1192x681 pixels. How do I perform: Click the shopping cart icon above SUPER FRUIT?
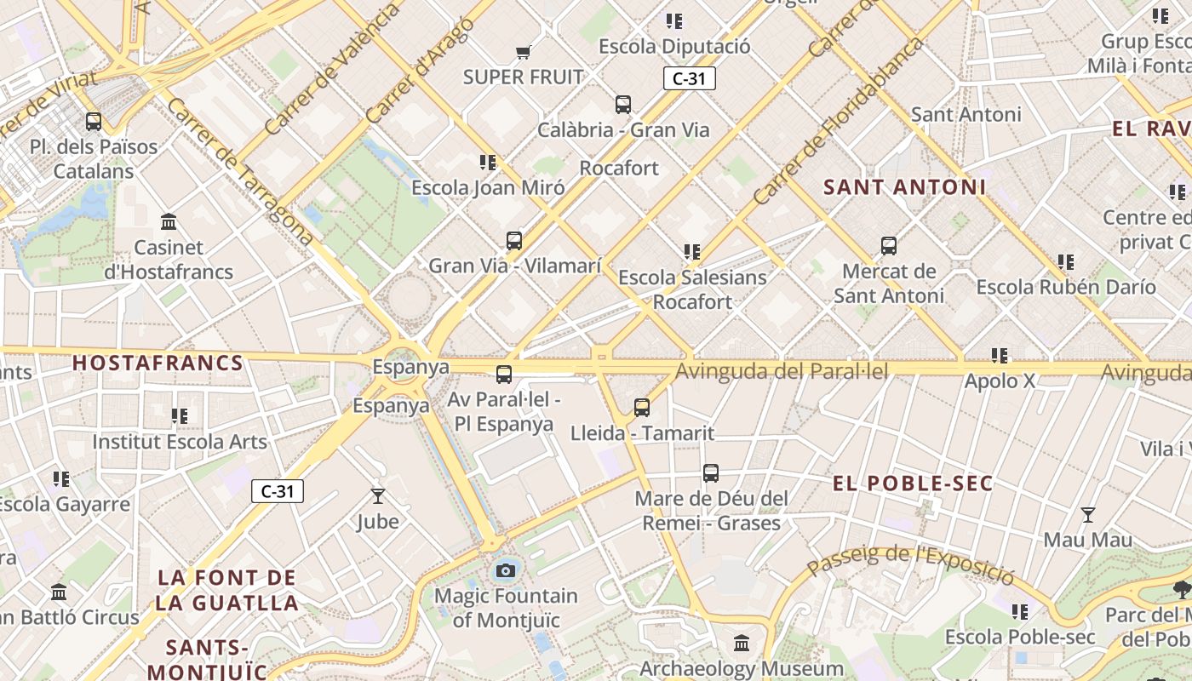tap(524, 53)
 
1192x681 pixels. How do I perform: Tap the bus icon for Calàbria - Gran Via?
tap(623, 105)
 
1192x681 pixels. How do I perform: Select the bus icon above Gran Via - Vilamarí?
tap(514, 241)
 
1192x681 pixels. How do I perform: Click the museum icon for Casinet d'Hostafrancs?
tap(169, 222)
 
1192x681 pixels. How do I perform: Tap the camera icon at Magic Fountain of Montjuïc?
tap(506, 570)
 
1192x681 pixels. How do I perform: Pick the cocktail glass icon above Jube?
tap(378, 495)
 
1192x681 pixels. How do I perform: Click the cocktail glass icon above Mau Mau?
tap(1088, 514)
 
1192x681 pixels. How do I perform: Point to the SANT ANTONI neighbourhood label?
tap(904, 187)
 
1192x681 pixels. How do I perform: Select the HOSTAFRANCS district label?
tap(158, 363)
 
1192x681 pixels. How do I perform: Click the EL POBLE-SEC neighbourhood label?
tap(913, 484)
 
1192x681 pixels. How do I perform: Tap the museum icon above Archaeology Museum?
tap(742, 643)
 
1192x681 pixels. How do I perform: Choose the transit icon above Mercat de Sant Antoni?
tap(889, 247)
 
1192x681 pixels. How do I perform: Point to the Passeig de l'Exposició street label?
tap(911, 564)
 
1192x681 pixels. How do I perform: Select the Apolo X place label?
tap(1000, 381)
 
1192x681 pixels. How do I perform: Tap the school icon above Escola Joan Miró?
tap(488, 162)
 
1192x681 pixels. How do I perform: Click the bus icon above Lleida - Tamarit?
tap(642, 408)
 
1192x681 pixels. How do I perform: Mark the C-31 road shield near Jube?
tap(278, 491)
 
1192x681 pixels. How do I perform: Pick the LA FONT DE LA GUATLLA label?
tap(227, 590)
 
